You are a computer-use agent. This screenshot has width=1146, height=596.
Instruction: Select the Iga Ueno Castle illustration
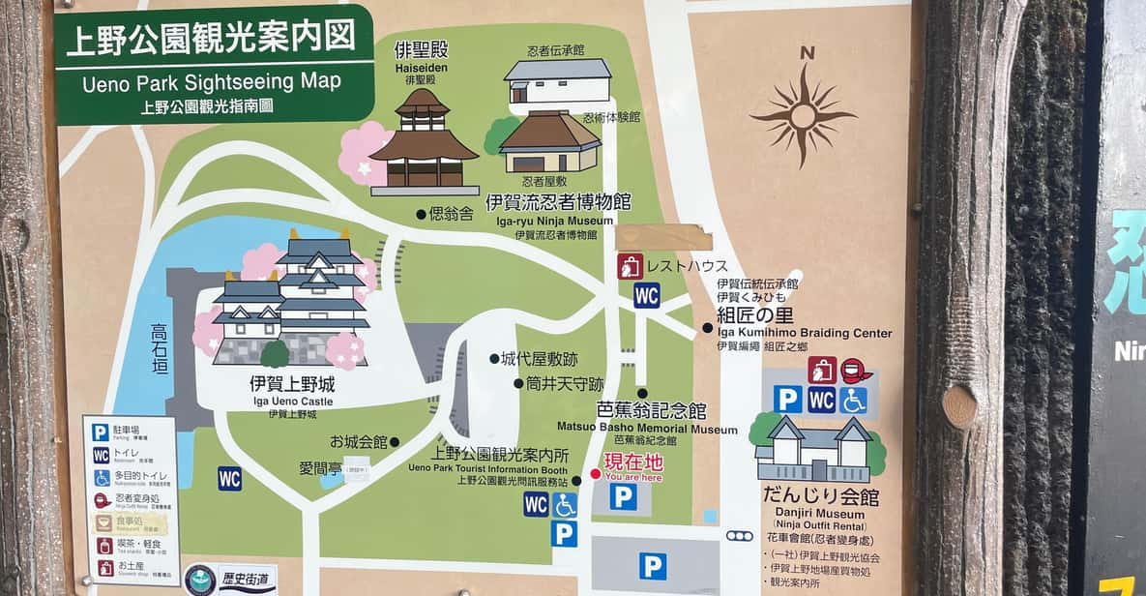(x=290, y=300)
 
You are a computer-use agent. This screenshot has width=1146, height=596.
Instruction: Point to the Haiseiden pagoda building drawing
(x=424, y=141)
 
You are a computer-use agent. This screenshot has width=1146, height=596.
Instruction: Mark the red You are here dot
(x=595, y=474)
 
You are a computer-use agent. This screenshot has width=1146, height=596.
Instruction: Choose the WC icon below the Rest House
(x=647, y=294)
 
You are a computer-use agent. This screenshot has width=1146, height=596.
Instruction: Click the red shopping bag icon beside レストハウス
(x=630, y=266)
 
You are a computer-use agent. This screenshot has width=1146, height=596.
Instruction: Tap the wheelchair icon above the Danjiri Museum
(x=853, y=400)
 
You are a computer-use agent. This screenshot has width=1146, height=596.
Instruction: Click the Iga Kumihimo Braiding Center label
(x=805, y=333)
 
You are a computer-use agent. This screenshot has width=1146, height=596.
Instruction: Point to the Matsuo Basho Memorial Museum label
(x=647, y=428)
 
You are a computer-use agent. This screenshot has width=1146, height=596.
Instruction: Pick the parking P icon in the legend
(x=101, y=432)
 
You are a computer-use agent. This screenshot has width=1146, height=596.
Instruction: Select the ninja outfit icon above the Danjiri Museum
(x=856, y=371)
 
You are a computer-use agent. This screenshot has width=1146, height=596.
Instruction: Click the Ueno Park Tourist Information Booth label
(x=487, y=467)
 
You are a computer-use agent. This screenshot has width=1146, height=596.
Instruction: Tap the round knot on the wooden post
(x=959, y=406)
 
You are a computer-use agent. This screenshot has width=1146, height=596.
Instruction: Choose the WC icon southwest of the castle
(x=229, y=478)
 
